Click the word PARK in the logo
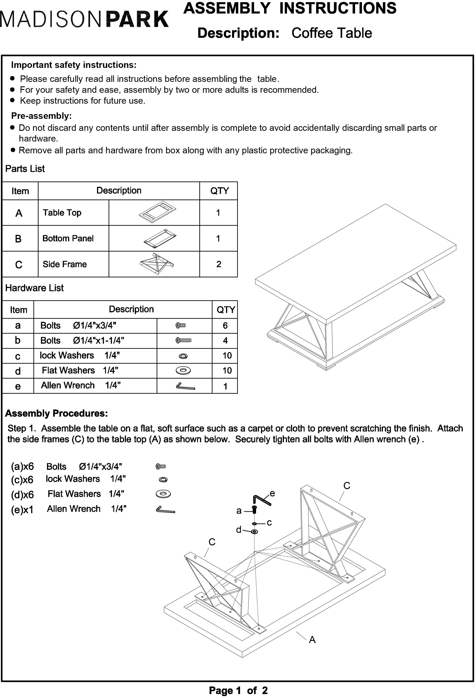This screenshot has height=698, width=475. pos(137,20)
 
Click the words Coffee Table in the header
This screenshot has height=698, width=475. pos(331,33)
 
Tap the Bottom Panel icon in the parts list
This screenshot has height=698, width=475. pos(160,239)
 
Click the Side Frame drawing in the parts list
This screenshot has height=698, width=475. pos(157,264)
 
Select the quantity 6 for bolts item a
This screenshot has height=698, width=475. pos(225,326)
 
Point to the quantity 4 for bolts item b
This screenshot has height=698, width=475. pos(225,341)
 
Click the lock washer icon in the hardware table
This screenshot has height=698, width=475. pos(183,356)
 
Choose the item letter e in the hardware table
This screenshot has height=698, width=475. pos(18,386)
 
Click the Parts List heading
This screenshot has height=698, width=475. pos(25,169)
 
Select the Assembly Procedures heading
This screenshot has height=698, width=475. pos(56,413)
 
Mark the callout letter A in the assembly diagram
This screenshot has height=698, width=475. pos(312,640)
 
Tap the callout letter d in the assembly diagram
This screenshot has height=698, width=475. pos(239,530)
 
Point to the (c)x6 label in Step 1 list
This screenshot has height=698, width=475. pos(22,480)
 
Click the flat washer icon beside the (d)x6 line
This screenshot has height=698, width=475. pos(163,494)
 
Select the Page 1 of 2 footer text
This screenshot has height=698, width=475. pos(238,690)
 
